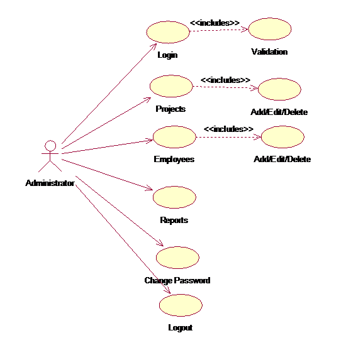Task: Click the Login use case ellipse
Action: [168, 32]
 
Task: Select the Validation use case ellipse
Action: [270, 29]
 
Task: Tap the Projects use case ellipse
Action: [171, 86]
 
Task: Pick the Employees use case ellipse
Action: [174, 137]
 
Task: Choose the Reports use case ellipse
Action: [174, 197]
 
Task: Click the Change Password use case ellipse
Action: [177, 258]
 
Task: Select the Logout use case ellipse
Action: [181, 305]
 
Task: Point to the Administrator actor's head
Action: [50, 146]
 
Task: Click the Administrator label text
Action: [50, 183]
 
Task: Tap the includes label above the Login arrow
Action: [215, 23]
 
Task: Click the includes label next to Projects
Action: [225, 80]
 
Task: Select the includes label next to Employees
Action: [229, 129]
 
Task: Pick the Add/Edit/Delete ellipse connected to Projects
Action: [279, 89]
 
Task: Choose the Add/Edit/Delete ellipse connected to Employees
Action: [282, 137]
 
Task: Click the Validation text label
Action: [269, 52]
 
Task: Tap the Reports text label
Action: [174, 221]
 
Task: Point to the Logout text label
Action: [181, 328]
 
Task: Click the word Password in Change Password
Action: [192, 280]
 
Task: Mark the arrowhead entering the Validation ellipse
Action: [245, 30]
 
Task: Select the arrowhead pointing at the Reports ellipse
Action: [149, 188]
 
